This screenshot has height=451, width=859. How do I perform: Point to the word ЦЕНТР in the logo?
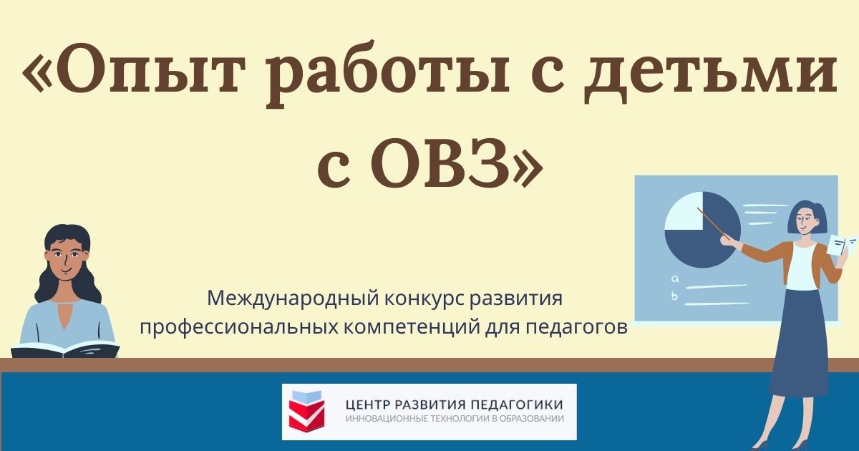pyautogui.click(x=370, y=405)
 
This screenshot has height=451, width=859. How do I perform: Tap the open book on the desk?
pyautogui.click(x=64, y=349)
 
